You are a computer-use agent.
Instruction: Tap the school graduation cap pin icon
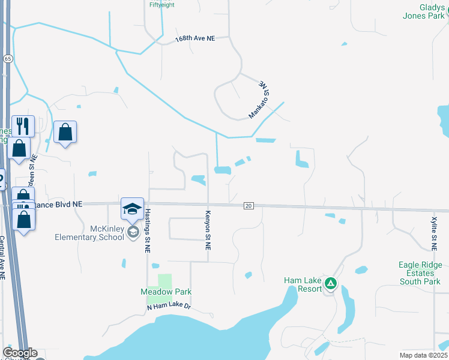[x=132, y=209]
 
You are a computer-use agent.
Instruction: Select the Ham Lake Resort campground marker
[x=330, y=283]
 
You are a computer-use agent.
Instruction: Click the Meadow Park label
[x=166, y=292]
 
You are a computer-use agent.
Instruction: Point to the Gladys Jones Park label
[x=423, y=11]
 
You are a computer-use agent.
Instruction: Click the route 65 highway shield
[x=7, y=58]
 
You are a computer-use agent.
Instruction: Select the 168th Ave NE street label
[x=195, y=38]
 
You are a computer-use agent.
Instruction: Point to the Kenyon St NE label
[x=208, y=230]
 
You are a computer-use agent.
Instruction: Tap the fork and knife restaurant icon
[x=23, y=125]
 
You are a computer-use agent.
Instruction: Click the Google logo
[x=20, y=353]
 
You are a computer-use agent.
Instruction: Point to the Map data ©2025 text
[x=423, y=355]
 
